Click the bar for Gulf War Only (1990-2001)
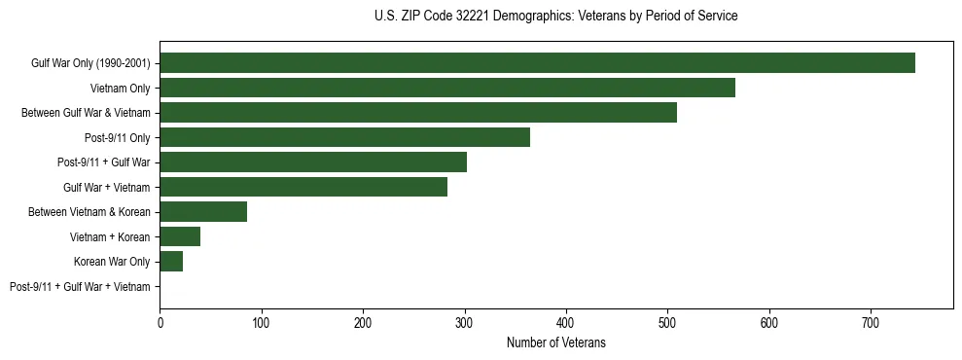[537, 63]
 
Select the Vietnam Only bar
[447, 88]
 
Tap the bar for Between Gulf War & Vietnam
[418, 113]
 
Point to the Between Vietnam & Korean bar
[203, 212]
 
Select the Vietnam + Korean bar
[180, 236]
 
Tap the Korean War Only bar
[171, 261]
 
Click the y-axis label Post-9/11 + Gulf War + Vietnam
[80, 287]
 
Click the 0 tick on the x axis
[160, 321]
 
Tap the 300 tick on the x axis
[465, 321]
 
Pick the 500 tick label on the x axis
[667, 321]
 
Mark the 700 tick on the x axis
[871, 321]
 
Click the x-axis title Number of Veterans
[555, 342]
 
